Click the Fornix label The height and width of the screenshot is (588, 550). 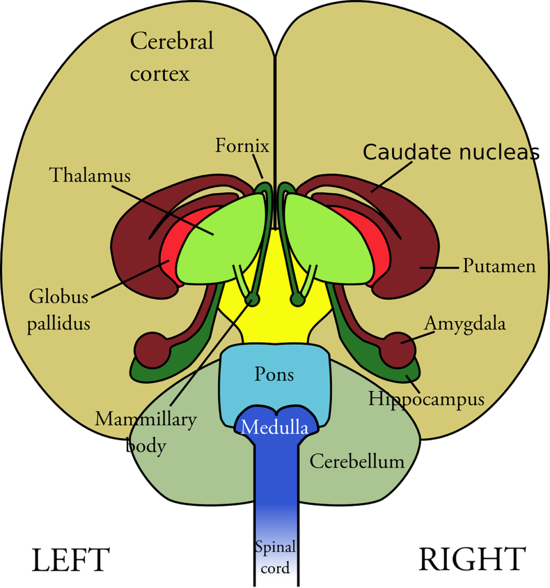click(242, 145)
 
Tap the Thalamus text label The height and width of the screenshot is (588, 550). click(90, 175)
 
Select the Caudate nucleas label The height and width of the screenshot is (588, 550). click(451, 152)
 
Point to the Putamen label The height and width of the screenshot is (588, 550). click(499, 266)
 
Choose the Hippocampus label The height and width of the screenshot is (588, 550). click(427, 398)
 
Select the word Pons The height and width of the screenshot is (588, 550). click(274, 374)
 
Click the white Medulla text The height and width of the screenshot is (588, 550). click(274, 427)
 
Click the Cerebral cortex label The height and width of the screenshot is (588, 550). click(171, 57)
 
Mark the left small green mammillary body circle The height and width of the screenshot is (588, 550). click(251, 299)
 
